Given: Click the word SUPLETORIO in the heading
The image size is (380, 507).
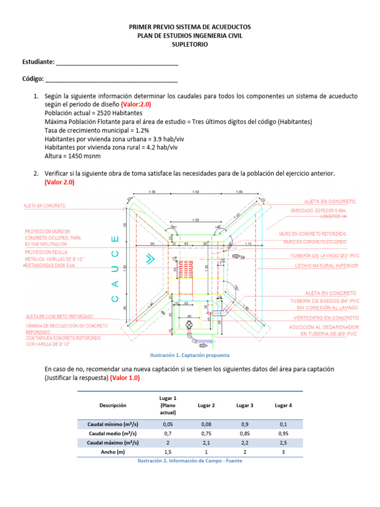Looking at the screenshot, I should point(190,45).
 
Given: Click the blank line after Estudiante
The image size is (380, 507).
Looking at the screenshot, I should point(117,65).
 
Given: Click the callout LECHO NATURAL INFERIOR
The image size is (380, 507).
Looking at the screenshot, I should point(326,266).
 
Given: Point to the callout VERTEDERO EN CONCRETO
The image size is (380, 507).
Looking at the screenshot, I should point(326,317).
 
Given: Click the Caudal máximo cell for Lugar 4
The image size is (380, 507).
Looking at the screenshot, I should point(283,443).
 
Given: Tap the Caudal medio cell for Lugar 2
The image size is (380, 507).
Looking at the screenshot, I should point(206,434).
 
